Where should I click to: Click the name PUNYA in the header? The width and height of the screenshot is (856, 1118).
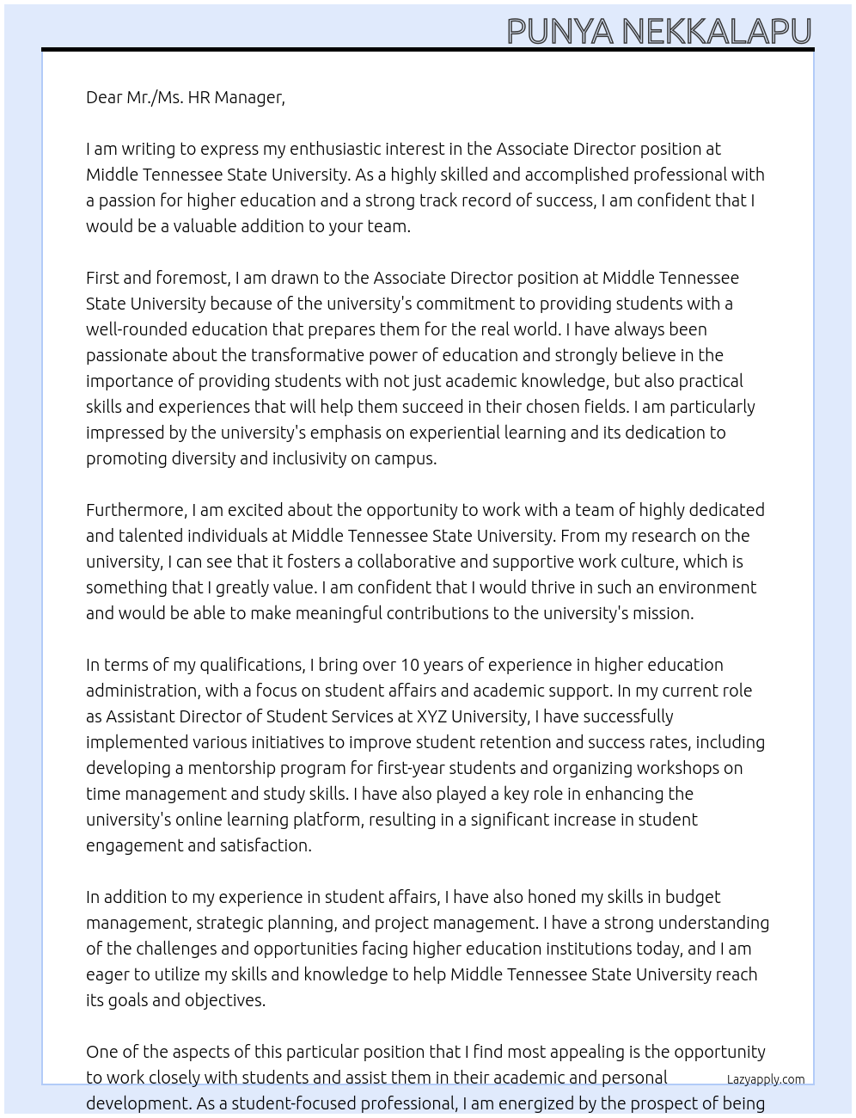coord(559,31)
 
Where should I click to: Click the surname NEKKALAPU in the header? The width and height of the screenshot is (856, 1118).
coord(716,31)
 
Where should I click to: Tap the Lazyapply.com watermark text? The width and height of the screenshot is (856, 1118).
coord(766,1079)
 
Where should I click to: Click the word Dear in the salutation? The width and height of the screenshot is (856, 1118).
coord(104,97)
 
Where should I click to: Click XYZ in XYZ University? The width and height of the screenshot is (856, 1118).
coord(431,716)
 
